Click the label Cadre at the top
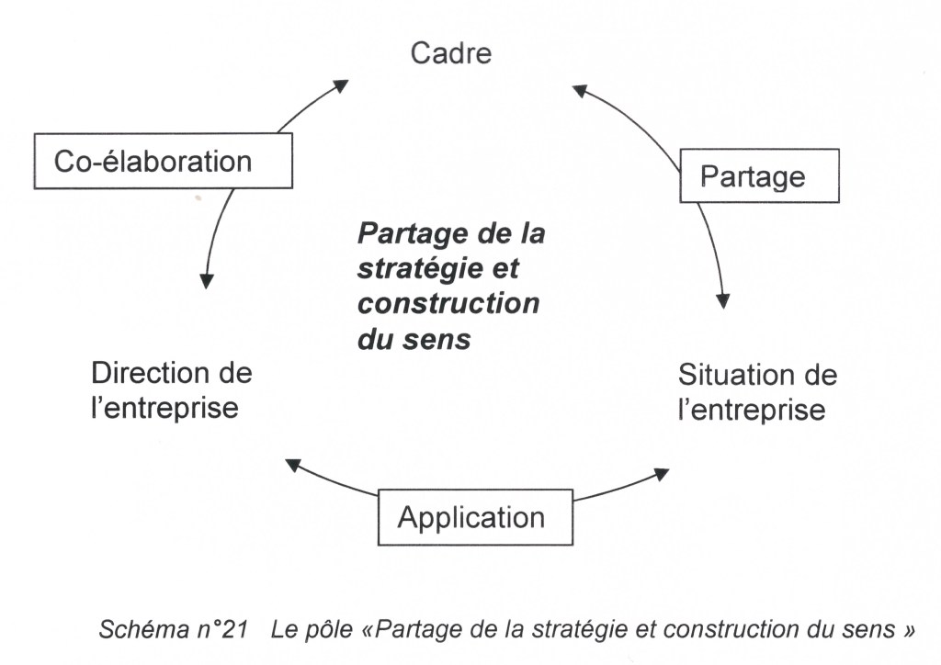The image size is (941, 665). coord(450,53)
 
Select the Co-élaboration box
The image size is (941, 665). coord(162,161)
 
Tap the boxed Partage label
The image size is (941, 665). coord(759,175)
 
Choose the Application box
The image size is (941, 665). coord(475,517)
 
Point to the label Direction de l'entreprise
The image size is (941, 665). coord(171,389)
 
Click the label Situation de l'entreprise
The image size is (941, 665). coord(756,391)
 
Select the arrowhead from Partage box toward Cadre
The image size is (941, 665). coord(579,89)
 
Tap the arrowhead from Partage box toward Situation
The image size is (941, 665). coord(723,300)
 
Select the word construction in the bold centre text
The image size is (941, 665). coord(448,304)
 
